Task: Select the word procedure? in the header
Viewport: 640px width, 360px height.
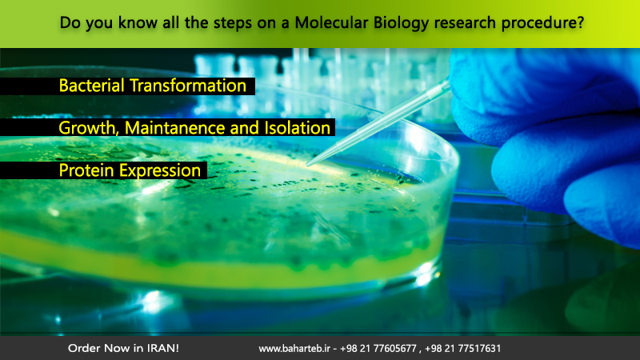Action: [x=543, y=23]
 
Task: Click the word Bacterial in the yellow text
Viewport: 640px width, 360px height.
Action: [x=91, y=86]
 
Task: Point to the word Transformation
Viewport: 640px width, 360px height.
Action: [x=188, y=86]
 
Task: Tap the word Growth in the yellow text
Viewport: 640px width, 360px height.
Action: [x=90, y=129]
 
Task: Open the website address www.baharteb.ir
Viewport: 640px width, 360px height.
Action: [x=294, y=349]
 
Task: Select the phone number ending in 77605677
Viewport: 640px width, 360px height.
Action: [x=378, y=349]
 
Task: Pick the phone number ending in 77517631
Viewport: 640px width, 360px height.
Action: [x=462, y=349]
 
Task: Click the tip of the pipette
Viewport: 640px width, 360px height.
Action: [x=307, y=166]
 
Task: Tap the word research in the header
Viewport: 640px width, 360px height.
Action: [x=465, y=23]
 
